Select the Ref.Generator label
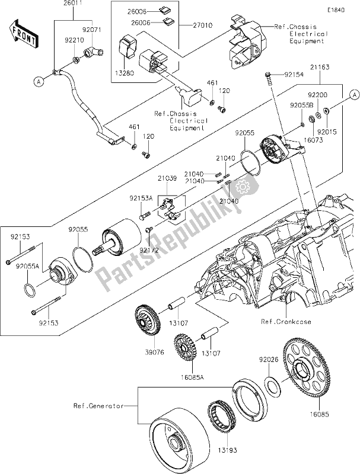pos(98,406)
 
